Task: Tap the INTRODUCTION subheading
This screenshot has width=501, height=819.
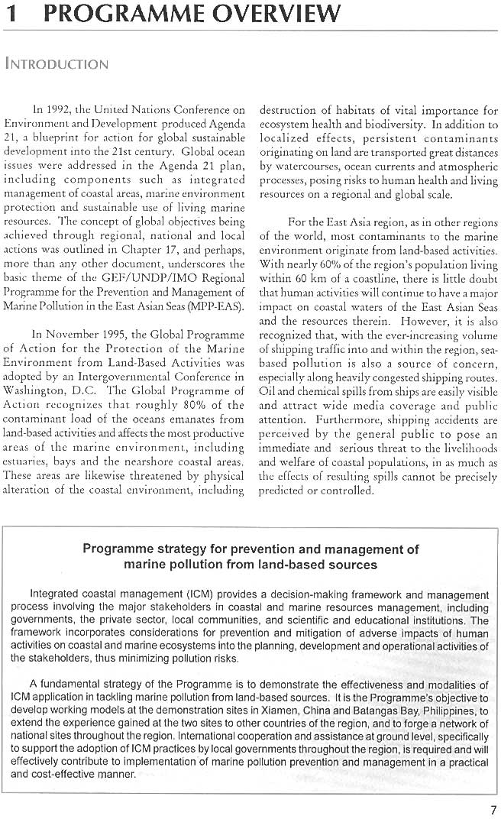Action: (57, 64)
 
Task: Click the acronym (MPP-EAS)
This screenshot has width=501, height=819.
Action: (218, 307)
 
